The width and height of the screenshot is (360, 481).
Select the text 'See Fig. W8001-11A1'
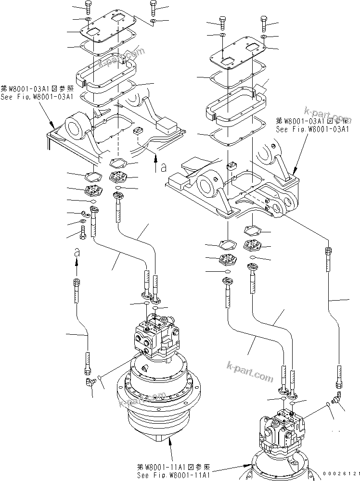point(173,475)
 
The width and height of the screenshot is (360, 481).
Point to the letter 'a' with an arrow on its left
point(164,167)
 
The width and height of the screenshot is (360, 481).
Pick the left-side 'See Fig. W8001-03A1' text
point(37,97)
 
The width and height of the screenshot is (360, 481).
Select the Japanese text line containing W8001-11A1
point(173,467)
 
